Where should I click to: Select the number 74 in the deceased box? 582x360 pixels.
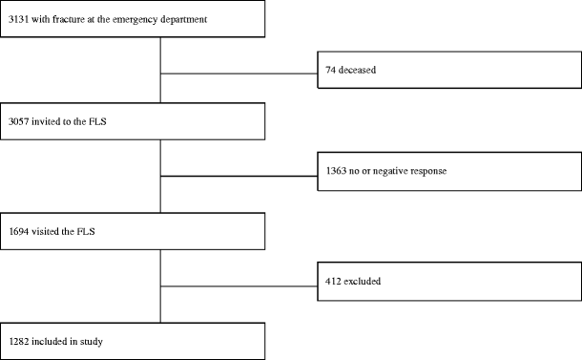pyautogui.click(x=330, y=71)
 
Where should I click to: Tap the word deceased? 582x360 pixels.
pyautogui.click(x=358, y=71)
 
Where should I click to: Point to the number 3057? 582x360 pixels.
pyautogui.click(x=18, y=121)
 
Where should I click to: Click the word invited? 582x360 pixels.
pyautogui.click(x=48, y=121)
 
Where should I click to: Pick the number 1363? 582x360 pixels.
pyautogui.click(x=336, y=176)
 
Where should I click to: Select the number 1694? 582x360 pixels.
pyautogui.click(x=18, y=230)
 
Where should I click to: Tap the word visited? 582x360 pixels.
pyautogui.click(x=48, y=230)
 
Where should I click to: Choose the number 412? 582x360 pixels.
pyautogui.click(x=333, y=283)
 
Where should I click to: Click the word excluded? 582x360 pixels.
pyautogui.click(x=364, y=283)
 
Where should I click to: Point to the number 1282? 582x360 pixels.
pyautogui.click(x=18, y=339)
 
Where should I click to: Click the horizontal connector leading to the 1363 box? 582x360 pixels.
pyautogui.click(x=239, y=177)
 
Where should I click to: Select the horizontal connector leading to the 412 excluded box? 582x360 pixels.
pyautogui.click(x=239, y=284)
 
